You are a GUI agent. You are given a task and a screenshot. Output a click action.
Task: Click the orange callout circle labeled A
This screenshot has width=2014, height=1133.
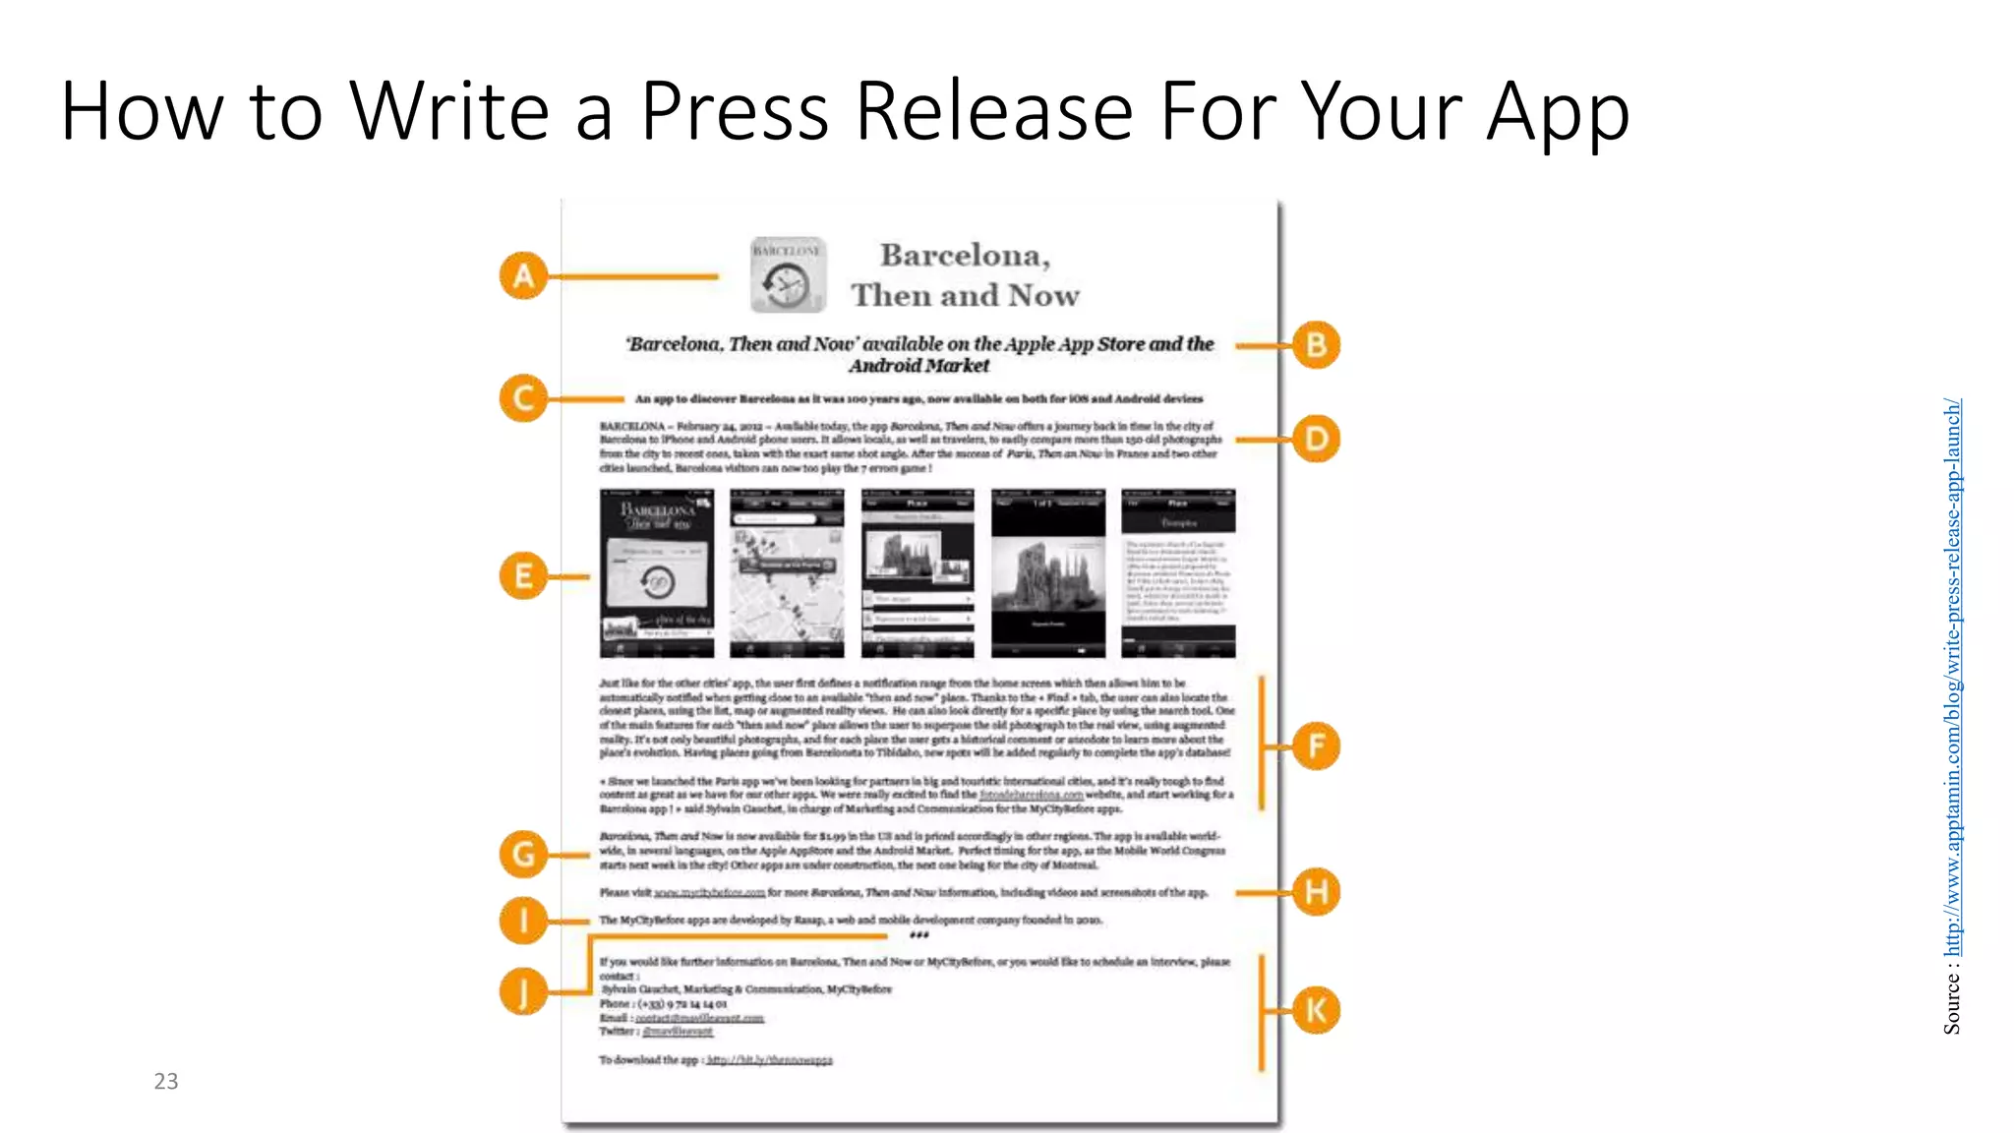(523, 276)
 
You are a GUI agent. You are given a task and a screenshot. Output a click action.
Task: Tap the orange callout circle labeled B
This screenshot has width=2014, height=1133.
(1316, 345)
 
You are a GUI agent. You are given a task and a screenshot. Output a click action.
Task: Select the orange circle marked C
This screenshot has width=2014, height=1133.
(523, 398)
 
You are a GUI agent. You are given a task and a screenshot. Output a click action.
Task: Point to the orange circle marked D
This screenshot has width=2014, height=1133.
(1316, 439)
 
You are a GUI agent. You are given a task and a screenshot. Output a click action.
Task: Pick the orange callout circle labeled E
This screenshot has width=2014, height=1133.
(523, 576)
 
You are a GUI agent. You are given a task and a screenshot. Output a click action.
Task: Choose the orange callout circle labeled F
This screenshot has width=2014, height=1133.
(1316, 745)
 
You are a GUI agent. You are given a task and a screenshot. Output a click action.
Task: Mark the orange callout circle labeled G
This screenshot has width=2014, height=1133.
(523, 854)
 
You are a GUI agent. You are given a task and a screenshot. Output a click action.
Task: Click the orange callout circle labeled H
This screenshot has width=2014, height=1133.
(1316, 892)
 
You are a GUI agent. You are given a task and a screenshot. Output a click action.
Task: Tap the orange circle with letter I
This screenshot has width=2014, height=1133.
(523, 921)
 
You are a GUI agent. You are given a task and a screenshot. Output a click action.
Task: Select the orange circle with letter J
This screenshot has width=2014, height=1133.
(523, 990)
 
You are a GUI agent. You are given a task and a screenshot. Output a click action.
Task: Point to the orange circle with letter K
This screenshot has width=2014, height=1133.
(1316, 1010)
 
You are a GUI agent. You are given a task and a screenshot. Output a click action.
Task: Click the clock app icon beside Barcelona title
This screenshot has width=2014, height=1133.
(787, 275)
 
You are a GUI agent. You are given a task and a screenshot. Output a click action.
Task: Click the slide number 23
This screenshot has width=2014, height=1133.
(166, 1081)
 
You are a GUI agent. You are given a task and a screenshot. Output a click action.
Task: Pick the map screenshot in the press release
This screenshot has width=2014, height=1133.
(787, 573)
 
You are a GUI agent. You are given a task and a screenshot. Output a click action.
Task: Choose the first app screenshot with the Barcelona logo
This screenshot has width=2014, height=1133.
(657, 573)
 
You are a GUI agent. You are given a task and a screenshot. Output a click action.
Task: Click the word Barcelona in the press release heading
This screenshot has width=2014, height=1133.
(965, 256)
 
